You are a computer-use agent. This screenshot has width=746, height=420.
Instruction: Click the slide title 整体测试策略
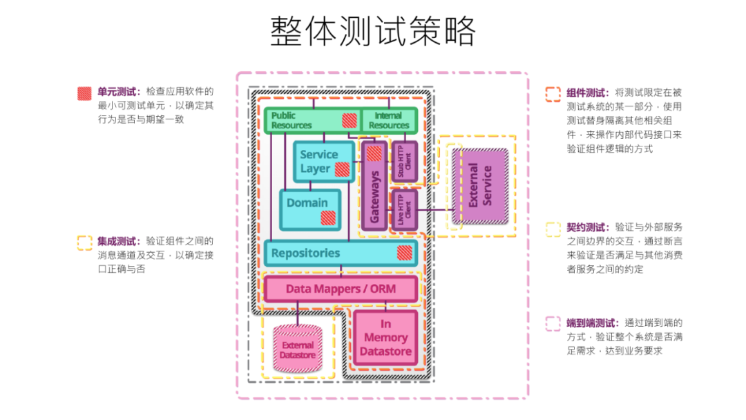tap(373, 32)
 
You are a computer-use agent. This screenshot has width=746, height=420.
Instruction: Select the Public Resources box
tap(304, 121)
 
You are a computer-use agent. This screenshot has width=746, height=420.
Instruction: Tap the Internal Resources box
tap(389, 121)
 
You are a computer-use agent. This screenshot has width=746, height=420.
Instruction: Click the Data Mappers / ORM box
tap(341, 288)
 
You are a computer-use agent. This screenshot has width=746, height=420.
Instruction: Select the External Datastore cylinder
tap(298, 350)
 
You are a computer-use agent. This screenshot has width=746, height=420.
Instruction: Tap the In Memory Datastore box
tap(385, 338)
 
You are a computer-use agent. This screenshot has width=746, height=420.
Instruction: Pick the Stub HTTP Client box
tap(404, 161)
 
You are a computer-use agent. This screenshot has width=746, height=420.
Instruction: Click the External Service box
tap(481, 185)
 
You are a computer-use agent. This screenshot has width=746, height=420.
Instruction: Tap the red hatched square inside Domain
tap(328, 218)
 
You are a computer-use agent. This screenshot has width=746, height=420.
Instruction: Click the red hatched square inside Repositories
tap(404, 253)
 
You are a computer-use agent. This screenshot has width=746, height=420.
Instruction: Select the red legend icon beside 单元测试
tap(84, 93)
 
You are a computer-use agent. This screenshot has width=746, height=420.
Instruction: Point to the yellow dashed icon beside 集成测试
tap(84, 242)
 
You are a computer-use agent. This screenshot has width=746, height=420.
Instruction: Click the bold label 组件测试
tap(586, 93)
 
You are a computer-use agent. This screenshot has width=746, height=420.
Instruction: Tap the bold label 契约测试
tap(586, 227)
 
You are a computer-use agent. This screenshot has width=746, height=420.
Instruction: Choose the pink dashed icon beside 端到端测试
tap(553, 323)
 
